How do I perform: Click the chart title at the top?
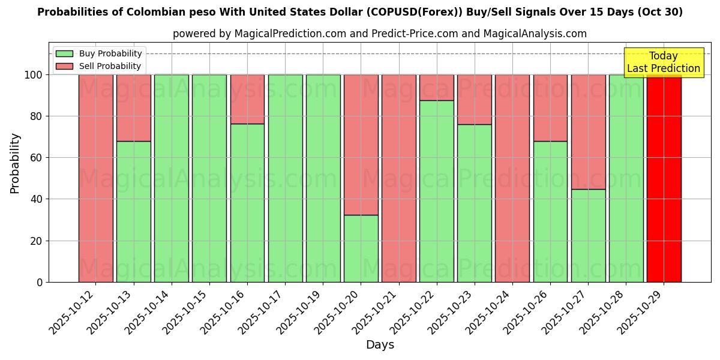pos(360,12)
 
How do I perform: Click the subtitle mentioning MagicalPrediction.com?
pos(379,34)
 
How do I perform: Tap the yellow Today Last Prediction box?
pos(663,62)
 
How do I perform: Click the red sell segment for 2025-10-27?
pos(588,132)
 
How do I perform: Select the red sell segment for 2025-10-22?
pos(436,88)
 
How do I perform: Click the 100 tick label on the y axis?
pos(34,75)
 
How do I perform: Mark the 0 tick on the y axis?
pos(40,282)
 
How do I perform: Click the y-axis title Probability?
pos(15,163)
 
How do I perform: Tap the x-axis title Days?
pos(379,345)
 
